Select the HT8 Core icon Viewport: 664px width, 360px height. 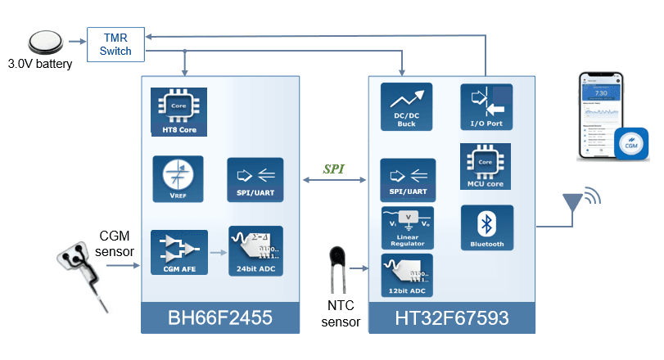click(178, 111)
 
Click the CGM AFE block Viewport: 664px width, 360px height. click(178, 251)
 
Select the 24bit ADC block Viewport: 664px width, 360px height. click(255, 251)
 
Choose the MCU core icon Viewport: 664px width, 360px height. click(486, 167)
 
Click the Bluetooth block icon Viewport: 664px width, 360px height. click(486, 227)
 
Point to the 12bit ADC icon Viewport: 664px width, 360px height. click(408, 276)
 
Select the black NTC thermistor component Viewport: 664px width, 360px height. click(337, 260)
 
